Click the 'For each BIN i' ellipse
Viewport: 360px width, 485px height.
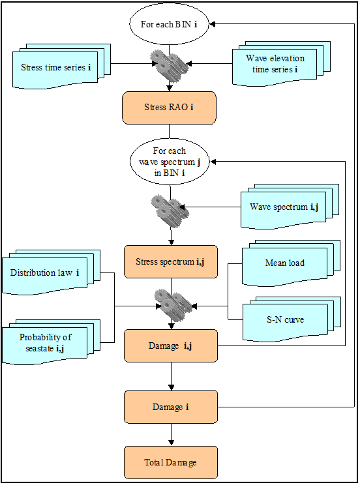click(x=169, y=24)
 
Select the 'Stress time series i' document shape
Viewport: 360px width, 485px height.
click(x=61, y=66)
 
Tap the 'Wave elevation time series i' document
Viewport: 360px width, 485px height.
click(x=281, y=63)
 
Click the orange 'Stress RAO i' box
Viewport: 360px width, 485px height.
click(x=169, y=108)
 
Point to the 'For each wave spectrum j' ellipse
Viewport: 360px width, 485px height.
click(x=170, y=162)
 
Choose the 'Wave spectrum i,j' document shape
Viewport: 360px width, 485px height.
click(x=290, y=206)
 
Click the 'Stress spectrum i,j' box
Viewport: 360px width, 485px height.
click(x=171, y=261)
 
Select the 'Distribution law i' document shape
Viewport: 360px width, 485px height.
click(x=51, y=272)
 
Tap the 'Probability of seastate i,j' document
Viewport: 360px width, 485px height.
click(x=51, y=342)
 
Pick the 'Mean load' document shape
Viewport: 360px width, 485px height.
click(x=291, y=263)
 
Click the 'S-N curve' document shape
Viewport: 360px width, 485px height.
click(x=292, y=319)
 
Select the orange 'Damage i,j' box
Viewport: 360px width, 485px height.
click(x=171, y=345)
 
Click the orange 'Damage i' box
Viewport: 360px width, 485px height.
click(x=171, y=407)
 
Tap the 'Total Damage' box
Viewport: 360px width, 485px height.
click(x=171, y=462)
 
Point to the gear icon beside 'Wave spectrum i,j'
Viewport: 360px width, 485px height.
click(x=170, y=207)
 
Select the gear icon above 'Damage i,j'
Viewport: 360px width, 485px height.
click(x=173, y=306)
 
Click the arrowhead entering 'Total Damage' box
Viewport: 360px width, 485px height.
click(x=171, y=443)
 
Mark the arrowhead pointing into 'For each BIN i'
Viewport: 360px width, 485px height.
click(x=212, y=24)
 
